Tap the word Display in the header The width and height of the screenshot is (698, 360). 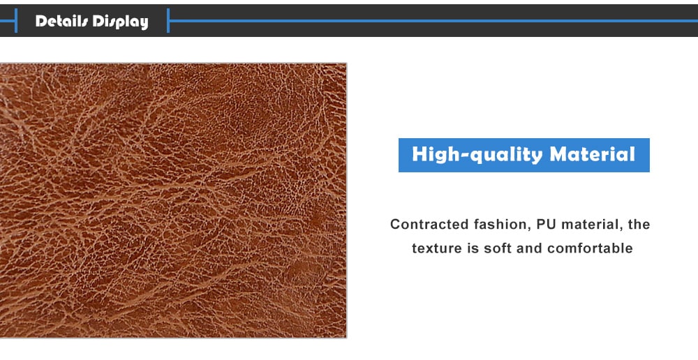[x=120, y=22]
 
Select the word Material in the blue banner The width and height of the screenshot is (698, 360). [x=593, y=154]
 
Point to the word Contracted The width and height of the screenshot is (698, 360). [x=429, y=224]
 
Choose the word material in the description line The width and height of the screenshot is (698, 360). [x=590, y=224]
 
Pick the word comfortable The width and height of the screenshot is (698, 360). [x=590, y=248]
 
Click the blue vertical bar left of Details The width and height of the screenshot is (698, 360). [x=16, y=20]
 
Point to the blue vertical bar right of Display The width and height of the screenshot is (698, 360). [x=168, y=20]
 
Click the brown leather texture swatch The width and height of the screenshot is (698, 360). [x=173, y=200]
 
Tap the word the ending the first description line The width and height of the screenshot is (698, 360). [x=639, y=224]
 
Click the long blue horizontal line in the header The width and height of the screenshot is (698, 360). [x=434, y=20]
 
